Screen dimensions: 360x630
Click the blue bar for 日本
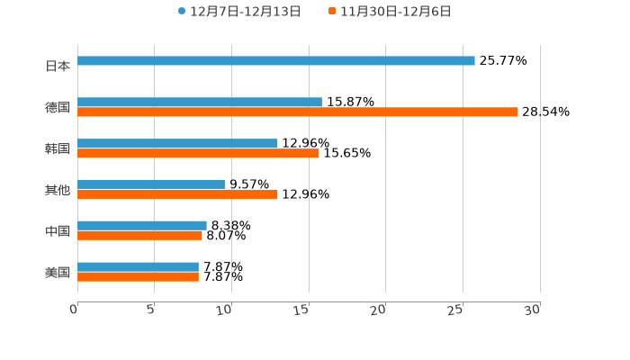tap(276, 61)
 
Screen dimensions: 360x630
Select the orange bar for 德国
tap(297, 112)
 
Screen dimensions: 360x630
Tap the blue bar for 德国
tap(200, 103)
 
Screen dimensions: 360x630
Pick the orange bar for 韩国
tap(198, 153)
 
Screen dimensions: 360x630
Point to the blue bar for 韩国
tap(177, 144)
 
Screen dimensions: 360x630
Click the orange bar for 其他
tap(177, 193)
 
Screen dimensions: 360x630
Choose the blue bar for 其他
tap(151, 184)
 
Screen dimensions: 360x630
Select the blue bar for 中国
tap(142, 226)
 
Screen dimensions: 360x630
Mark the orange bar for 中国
tap(139, 236)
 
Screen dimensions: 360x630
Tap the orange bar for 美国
tap(138, 276)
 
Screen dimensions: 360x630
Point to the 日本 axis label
tap(58, 66)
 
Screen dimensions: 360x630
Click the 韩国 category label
tap(58, 148)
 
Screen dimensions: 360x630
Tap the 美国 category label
tap(58, 272)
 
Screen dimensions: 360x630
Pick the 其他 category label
tap(58, 190)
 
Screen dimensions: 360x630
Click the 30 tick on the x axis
tap(533, 310)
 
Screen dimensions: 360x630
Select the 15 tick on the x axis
tap(301, 310)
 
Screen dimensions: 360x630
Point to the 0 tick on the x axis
tap(74, 310)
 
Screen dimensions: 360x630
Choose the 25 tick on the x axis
tap(455, 310)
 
